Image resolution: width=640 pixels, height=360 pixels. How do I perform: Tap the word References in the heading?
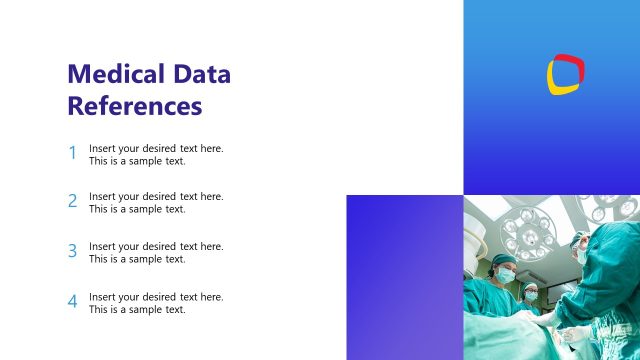coord(134,105)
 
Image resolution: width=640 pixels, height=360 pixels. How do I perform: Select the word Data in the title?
coord(201,74)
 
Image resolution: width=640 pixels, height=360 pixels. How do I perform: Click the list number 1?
coord(72,154)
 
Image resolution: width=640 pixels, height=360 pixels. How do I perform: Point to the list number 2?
coord(72,202)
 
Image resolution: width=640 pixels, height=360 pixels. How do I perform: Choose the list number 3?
coord(72,252)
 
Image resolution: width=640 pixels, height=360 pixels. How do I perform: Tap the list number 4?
coord(72,302)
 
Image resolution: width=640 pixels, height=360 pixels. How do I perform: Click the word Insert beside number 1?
coord(103,148)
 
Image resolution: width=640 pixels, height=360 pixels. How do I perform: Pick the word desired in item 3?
coord(158,246)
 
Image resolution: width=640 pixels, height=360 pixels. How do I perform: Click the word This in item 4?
coord(99,310)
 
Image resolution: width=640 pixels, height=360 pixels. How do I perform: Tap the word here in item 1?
coord(212,148)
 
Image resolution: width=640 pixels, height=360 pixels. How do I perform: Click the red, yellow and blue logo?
coord(565,73)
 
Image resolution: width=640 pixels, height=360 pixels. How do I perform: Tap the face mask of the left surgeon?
coord(506,274)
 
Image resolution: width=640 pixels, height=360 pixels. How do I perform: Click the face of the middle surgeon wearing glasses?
coord(531,293)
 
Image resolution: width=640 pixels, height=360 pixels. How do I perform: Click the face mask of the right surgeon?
coord(581,255)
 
